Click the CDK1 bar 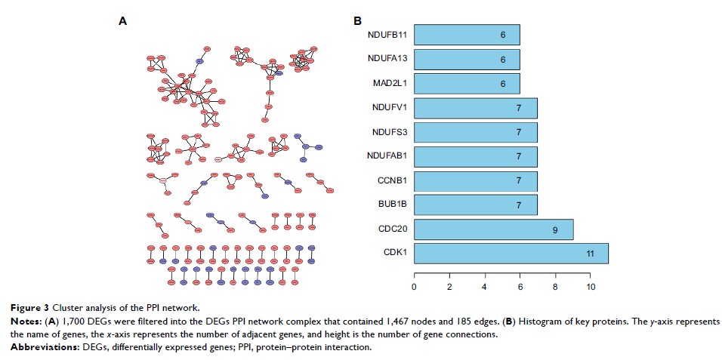511,254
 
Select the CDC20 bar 493,229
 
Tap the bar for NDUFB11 467,34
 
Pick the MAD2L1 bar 467,84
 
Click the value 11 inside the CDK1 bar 589,254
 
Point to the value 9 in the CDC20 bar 555,229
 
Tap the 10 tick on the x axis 591,288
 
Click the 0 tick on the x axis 414,288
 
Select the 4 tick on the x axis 485,288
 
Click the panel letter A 122,21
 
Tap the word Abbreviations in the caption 34,347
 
